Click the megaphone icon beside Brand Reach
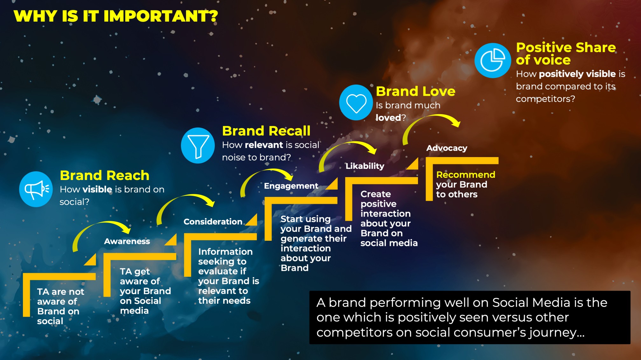click(x=36, y=189)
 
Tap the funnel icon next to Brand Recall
click(x=198, y=146)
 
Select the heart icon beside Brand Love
click(x=356, y=102)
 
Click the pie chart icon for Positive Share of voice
click(x=492, y=60)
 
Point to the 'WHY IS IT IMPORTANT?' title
click(x=116, y=16)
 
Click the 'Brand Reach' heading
click(x=105, y=175)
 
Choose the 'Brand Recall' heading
click(x=266, y=131)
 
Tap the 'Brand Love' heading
click(x=415, y=91)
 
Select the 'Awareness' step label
click(x=127, y=241)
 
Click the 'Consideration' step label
click(x=213, y=222)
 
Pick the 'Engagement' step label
click(x=291, y=186)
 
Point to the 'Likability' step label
click(x=365, y=166)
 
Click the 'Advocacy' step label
click(x=447, y=148)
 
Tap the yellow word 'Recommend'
click(x=466, y=175)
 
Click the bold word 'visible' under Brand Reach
click(x=97, y=189)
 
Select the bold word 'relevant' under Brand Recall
click(x=264, y=145)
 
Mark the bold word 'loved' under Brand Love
click(x=388, y=118)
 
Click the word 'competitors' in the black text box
click(x=354, y=333)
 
